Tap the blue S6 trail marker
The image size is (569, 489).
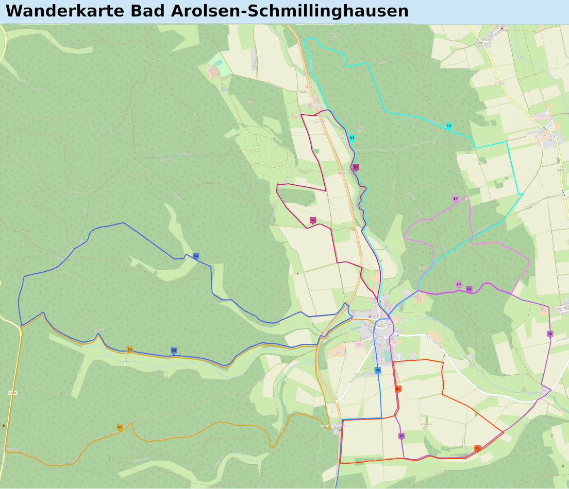point(378,370)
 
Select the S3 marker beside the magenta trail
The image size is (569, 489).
point(352,138)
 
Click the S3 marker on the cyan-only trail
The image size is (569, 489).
point(448,126)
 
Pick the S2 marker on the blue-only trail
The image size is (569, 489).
point(196,256)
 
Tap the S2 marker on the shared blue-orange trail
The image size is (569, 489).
point(174,351)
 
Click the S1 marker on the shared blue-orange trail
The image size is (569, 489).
point(129,350)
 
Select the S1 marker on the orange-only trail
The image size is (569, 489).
point(120,427)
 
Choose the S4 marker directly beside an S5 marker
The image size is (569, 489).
point(458,284)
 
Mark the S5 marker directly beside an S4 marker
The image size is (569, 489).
point(469,289)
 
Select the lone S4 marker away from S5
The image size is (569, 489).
point(455,199)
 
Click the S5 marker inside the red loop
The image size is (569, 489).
point(401,436)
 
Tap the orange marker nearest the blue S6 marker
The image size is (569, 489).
point(398,389)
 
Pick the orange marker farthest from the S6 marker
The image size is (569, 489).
point(477,448)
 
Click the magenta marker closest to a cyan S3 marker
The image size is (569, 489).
point(355,167)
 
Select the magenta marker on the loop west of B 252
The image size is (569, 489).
point(312,220)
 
